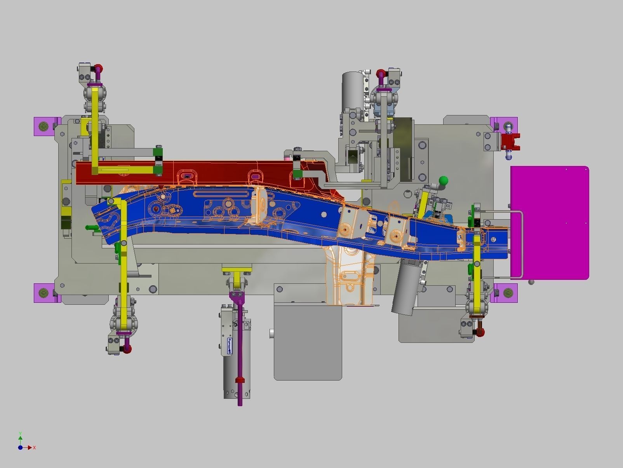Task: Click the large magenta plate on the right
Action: [x=552, y=222]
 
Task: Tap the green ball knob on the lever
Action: [x=443, y=181]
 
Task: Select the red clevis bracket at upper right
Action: [x=510, y=141]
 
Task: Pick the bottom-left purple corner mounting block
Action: [x=44, y=293]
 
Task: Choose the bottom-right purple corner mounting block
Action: [x=507, y=293]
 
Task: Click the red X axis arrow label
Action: [x=34, y=448]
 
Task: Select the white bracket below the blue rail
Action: [x=350, y=276]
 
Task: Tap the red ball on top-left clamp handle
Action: [x=99, y=68]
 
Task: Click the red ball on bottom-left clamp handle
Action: [x=127, y=349]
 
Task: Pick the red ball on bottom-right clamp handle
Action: [x=481, y=332]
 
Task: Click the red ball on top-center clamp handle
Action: [x=381, y=73]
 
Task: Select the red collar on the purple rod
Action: [x=240, y=380]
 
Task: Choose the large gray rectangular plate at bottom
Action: [x=308, y=342]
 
